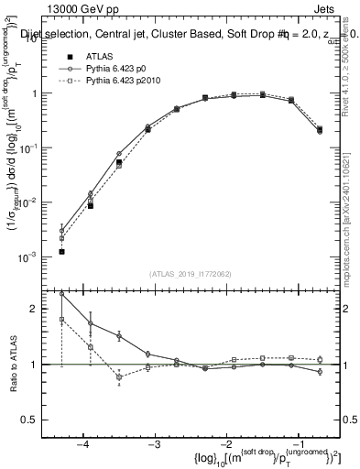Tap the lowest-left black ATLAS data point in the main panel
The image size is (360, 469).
click(x=61, y=251)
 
